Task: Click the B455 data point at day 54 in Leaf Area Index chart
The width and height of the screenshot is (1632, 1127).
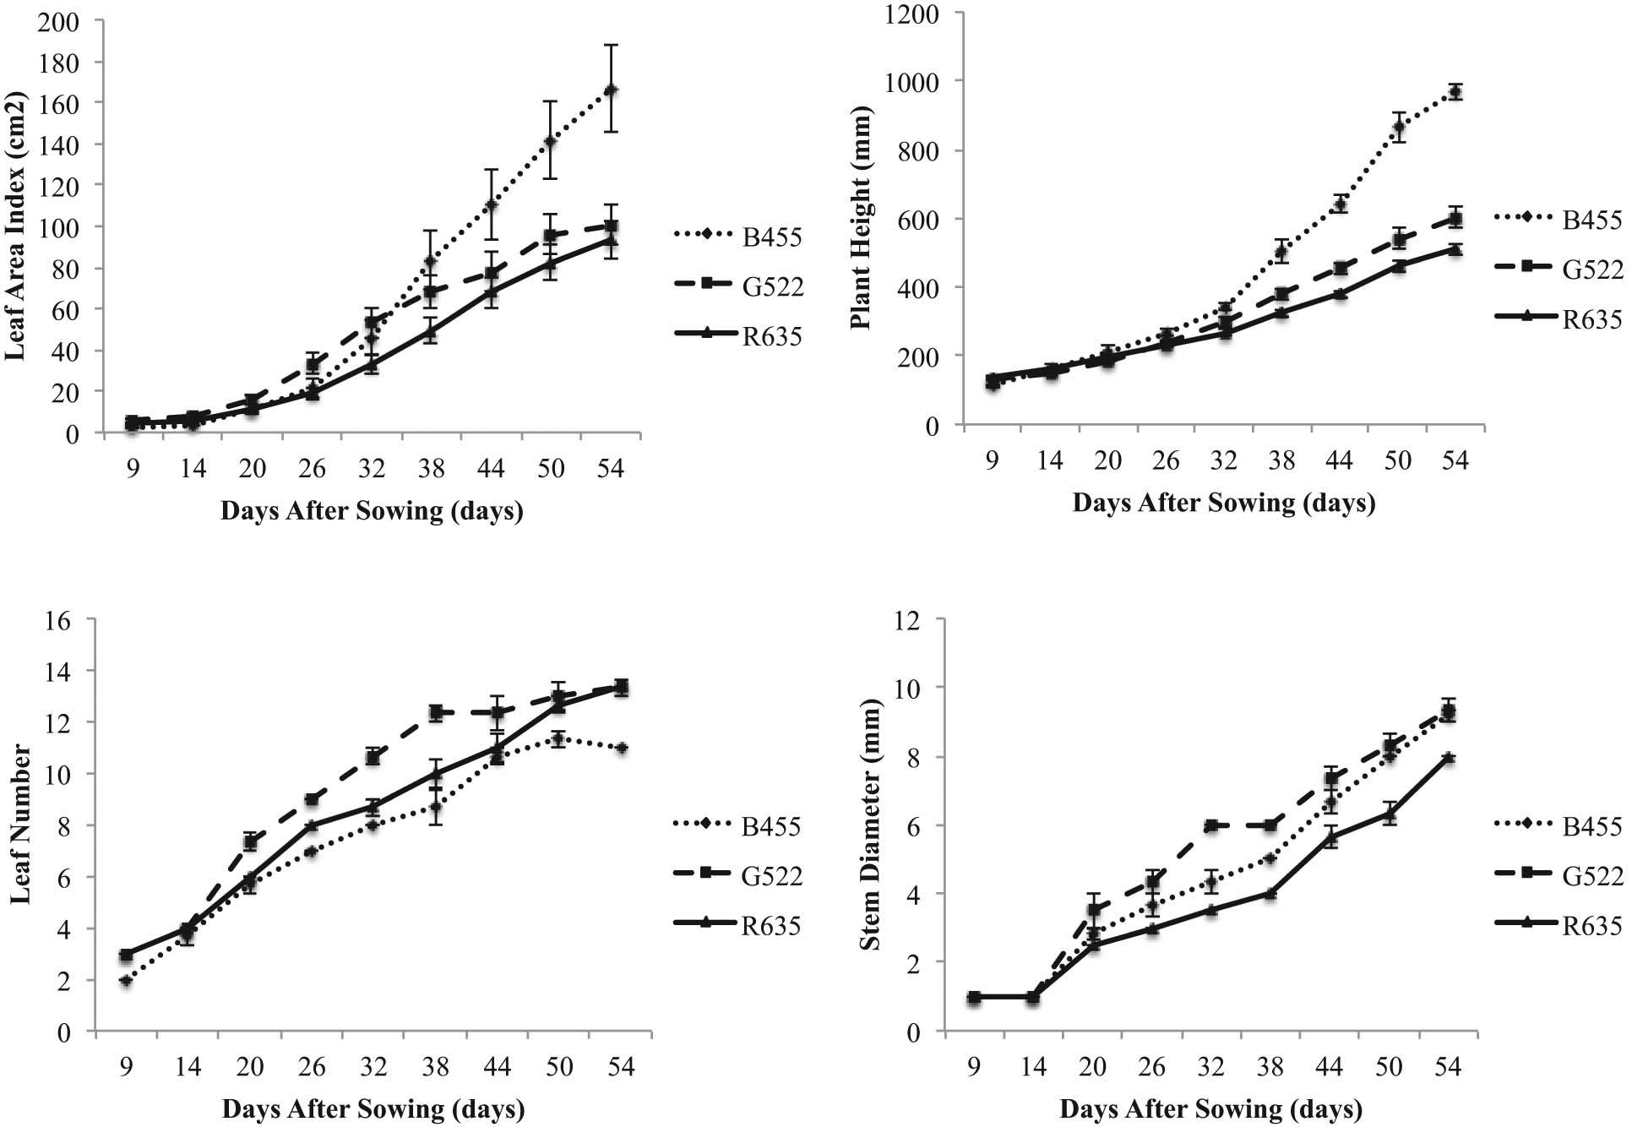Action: pos(611,90)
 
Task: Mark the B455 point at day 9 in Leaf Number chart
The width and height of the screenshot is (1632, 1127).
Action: pos(126,980)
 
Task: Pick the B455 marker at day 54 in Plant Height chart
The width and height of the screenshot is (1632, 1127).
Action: pos(1455,92)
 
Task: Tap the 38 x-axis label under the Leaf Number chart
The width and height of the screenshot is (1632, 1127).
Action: pos(435,1067)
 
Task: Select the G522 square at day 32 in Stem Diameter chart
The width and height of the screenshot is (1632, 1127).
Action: pos(1210,825)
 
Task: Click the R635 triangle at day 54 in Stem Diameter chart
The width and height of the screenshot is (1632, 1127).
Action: pos(1448,758)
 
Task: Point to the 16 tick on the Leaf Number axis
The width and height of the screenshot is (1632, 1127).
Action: pos(70,619)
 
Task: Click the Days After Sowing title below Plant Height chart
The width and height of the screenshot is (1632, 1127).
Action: pos(1223,503)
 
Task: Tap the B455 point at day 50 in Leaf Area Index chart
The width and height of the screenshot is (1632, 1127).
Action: pos(550,140)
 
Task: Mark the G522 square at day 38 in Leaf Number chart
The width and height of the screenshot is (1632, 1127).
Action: pos(436,712)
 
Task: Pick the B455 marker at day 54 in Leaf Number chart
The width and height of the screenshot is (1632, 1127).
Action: pos(621,748)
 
